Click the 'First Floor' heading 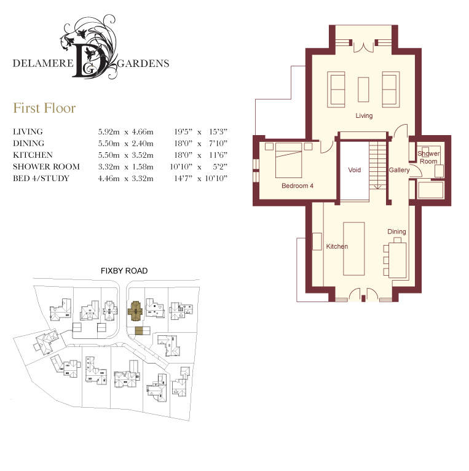pos(44,108)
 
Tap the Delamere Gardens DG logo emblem pos(90,47)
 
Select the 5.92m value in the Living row pos(109,131)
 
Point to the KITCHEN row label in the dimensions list pos(33,155)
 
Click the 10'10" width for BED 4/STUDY pos(216,179)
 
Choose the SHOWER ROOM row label pos(46,166)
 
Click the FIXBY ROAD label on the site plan pos(124,271)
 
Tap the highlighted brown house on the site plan pos(136,311)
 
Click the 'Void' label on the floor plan pos(355,170)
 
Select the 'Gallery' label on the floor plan pos(400,170)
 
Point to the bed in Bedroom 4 pos(289,160)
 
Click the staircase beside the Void pos(377,165)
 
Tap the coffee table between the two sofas pos(363,90)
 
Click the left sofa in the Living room pos(336,89)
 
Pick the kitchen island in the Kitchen pos(354,249)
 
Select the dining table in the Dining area pos(398,260)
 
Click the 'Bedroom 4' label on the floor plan pos(298,186)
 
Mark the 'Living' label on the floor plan pos(364,115)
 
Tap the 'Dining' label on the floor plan pos(396,232)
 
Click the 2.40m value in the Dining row pos(143,143)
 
